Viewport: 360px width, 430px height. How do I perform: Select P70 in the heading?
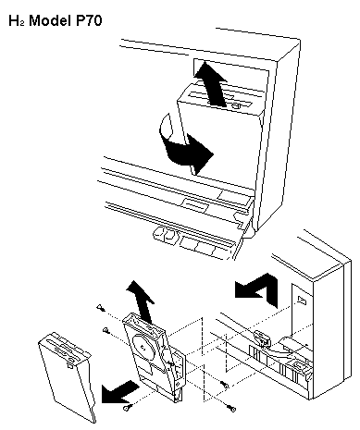(x=89, y=20)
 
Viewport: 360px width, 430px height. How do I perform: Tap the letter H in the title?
(x=14, y=20)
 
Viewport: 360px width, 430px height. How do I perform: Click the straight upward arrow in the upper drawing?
(x=211, y=83)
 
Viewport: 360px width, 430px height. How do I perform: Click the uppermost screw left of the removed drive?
(x=100, y=307)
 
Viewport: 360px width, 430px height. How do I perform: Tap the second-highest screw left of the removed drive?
(x=106, y=330)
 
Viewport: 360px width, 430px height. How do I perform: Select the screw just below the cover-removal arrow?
(x=127, y=408)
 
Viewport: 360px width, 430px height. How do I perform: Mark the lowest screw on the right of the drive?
(x=232, y=408)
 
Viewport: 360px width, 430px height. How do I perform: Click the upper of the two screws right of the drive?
(x=224, y=384)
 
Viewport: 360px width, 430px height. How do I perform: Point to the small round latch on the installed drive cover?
(x=236, y=106)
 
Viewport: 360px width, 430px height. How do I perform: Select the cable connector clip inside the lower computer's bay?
(x=262, y=338)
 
